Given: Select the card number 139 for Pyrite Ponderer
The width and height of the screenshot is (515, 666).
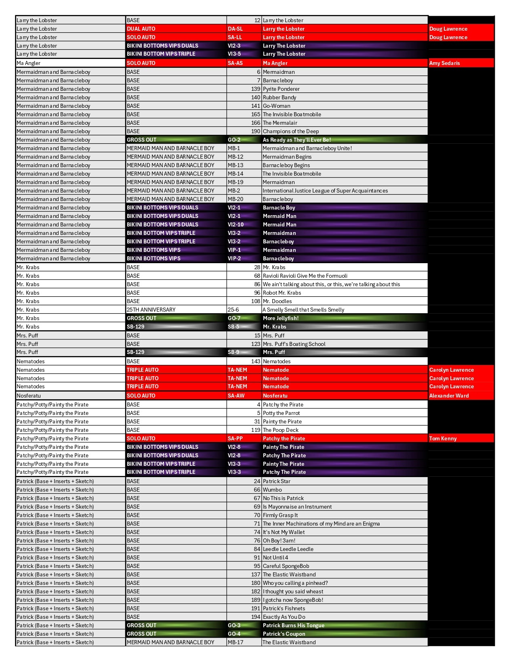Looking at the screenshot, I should click(255, 89).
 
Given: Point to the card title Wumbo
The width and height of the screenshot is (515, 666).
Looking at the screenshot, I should click(272, 490).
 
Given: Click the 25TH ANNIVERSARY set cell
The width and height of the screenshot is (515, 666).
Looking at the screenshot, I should click(151, 310).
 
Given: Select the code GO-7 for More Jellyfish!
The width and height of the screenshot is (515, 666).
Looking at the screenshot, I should click(234, 318).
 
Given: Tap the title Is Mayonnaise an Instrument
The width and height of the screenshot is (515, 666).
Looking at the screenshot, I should click(297, 507).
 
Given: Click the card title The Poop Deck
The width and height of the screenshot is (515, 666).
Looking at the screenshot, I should click(280, 430).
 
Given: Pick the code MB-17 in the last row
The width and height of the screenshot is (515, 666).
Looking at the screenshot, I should click(235, 642).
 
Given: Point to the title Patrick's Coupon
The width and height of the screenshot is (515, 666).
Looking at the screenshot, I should click(284, 634).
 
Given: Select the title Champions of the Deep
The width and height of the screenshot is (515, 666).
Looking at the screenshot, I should click(290, 131).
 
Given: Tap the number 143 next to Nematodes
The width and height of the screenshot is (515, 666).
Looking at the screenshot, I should click(255, 361).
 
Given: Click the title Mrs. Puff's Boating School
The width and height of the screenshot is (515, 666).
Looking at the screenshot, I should click(294, 344).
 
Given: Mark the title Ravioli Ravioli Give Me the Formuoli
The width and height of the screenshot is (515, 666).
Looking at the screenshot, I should click(305, 276).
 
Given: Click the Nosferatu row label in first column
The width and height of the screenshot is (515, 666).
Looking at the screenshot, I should click(29, 396).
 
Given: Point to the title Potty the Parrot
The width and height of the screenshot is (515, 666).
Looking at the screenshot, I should click(281, 413).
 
